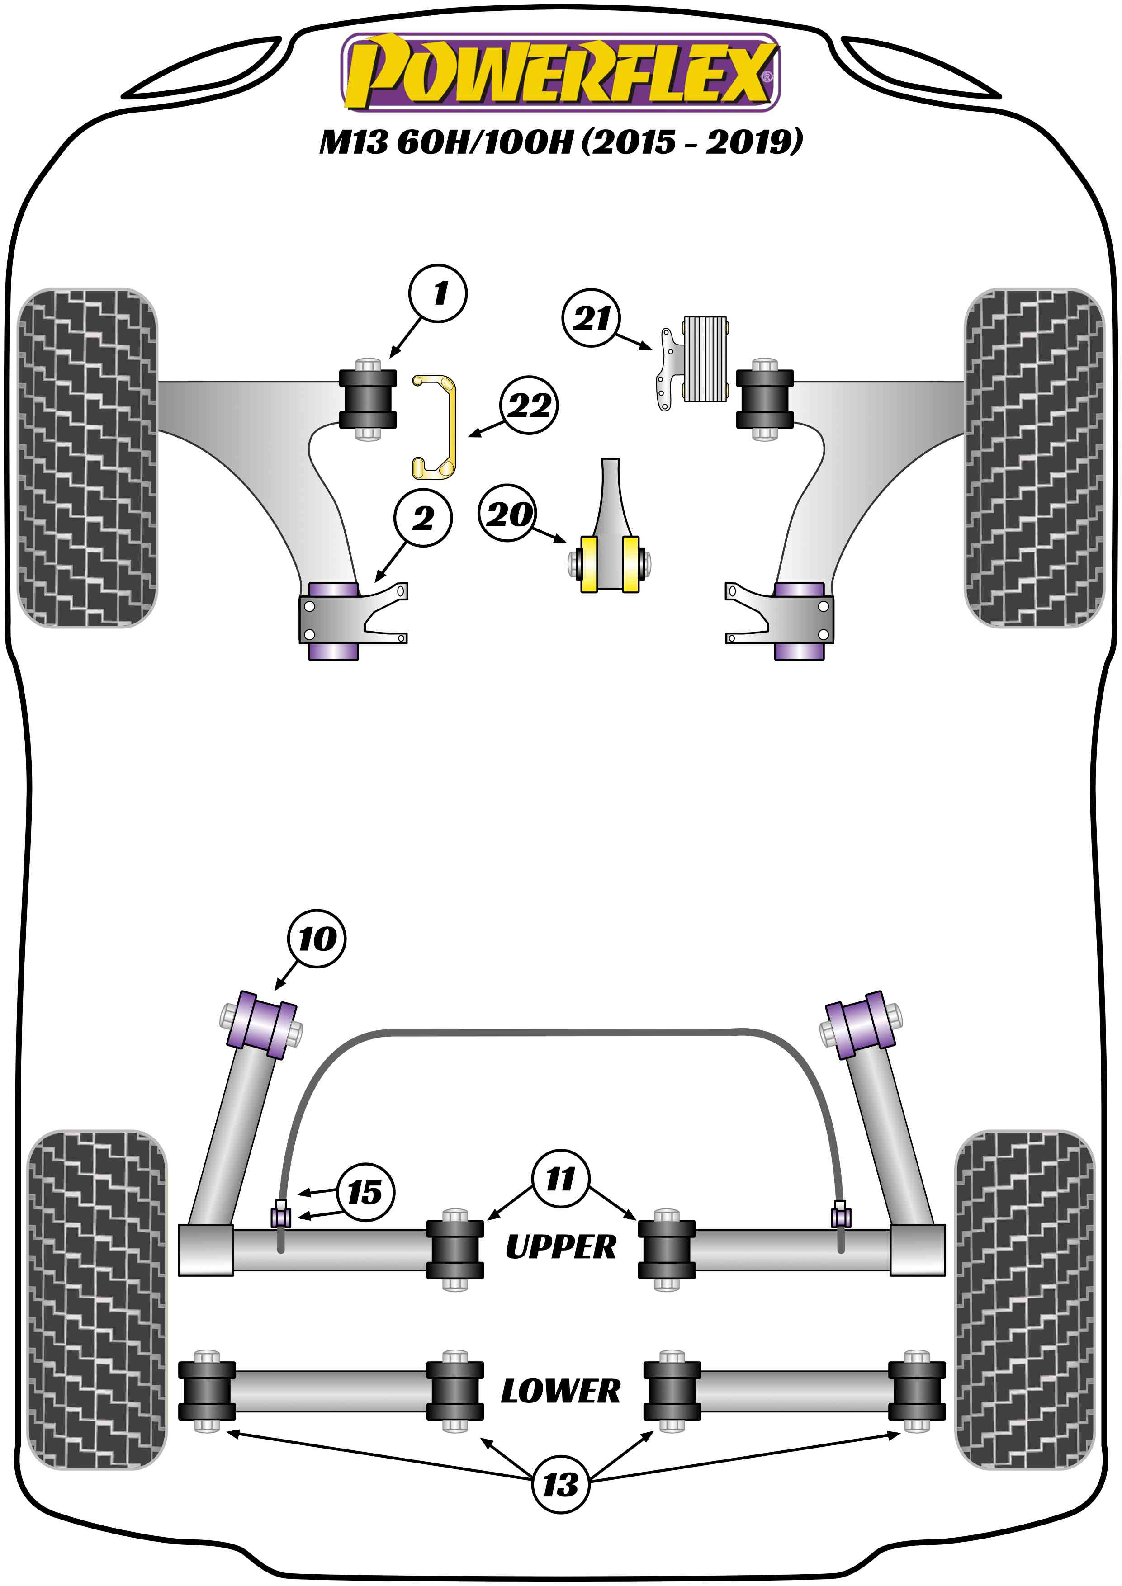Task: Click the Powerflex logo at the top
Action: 560,72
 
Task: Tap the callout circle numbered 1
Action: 438,293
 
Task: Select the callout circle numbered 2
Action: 423,518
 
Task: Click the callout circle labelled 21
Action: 592,318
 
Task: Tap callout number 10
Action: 317,939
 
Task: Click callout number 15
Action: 365,1192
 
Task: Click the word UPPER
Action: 560,1247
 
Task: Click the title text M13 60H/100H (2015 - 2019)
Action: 560,142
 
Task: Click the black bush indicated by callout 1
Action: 368,399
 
